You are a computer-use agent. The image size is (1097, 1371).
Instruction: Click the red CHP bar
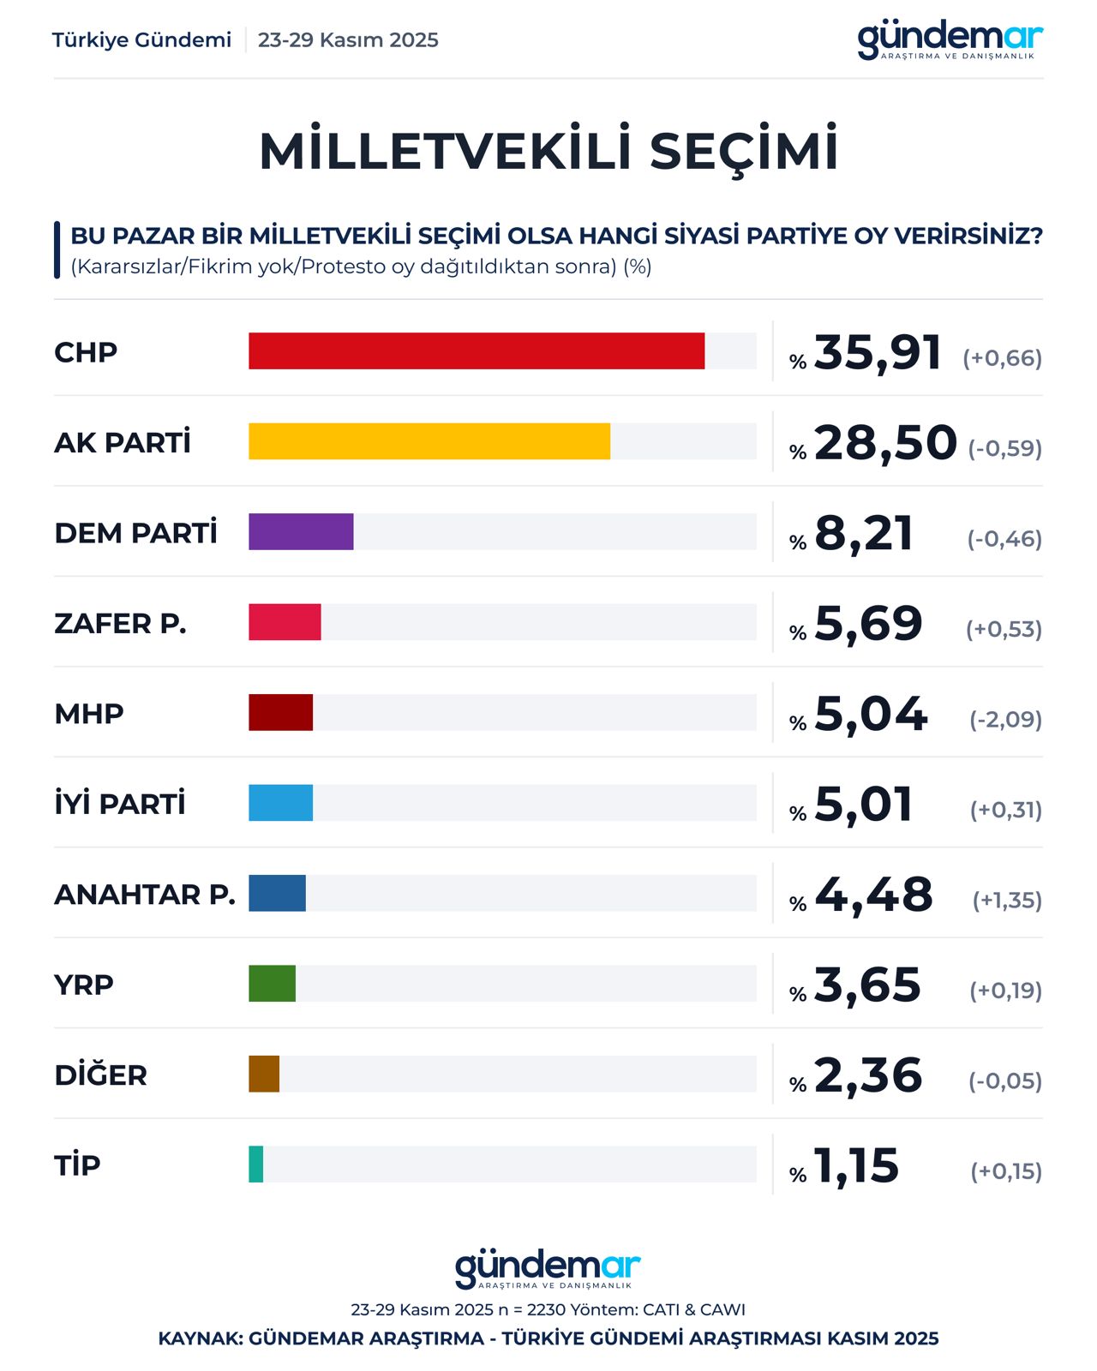tap(477, 351)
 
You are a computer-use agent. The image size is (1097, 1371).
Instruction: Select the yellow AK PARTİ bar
tap(429, 441)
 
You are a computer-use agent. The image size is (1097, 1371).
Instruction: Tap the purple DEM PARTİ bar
tap(301, 532)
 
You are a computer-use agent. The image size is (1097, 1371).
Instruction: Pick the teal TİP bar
tap(256, 1164)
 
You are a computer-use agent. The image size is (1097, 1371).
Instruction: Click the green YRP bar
tap(273, 984)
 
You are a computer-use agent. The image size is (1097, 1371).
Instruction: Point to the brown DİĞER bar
tap(264, 1075)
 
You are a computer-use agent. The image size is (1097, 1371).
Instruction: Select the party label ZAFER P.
tap(120, 624)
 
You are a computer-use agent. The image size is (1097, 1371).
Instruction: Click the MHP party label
tap(89, 714)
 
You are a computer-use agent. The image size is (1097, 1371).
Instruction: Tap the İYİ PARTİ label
tap(120, 804)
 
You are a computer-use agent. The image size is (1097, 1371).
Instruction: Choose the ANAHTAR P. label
tap(145, 895)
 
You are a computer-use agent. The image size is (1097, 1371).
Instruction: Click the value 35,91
tap(878, 352)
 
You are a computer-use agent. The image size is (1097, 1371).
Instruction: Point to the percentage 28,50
tap(885, 443)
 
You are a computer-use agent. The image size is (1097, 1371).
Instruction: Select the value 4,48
tap(873, 895)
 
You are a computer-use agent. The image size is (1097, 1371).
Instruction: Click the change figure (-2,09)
tap(1005, 719)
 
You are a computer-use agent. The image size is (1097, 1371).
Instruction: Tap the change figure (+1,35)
tap(1007, 901)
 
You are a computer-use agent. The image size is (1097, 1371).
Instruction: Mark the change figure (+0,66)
tap(1002, 358)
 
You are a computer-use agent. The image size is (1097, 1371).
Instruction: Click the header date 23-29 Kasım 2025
tap(348, 40)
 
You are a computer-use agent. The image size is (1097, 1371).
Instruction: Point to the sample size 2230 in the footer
tap(547, 1310)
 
